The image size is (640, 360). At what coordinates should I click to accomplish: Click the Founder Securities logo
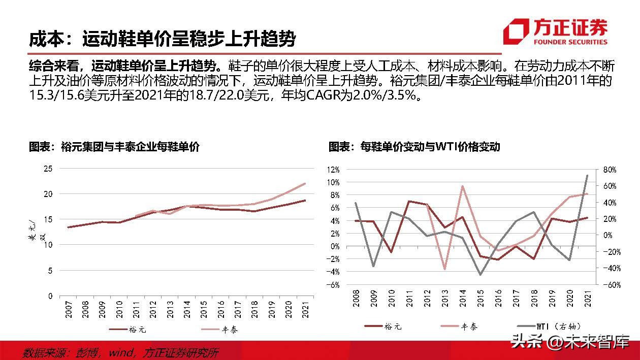pyautogui.click(x=555, y=31)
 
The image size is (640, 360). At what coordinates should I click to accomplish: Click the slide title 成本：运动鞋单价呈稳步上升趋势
pyautogui.click(x=162, y=39)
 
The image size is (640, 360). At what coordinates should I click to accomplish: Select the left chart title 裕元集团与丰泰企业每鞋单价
pyautogui.click(x=114, y=147)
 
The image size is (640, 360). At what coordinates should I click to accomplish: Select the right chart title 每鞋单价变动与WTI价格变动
pyautogui.click(x=414, y=147)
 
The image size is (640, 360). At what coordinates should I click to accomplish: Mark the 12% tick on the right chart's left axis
pyautogui.click(x=333, y=169)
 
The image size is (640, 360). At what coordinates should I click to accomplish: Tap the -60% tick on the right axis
pyautogui.click(x=608, y=285)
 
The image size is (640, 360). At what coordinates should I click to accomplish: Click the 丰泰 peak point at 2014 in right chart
pyautogui.click(x=463, y=186)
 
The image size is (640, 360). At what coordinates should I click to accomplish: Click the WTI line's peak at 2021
pyautogui.click(x=587, y=175)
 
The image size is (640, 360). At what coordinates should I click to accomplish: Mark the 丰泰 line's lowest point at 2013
pyautogui.click(x=445, y=269)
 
